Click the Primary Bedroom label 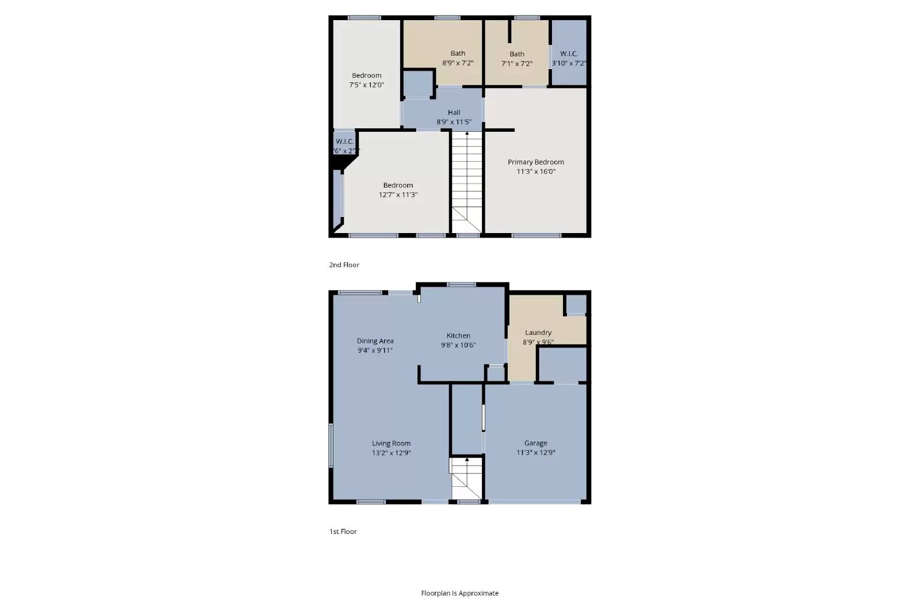(x=535, y=162)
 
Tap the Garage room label (x=535, y=443)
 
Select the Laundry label (x=538, y=333)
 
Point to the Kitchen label (x=458, y=336)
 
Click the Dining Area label (x=375, y=341)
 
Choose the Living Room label (x=391, y=444)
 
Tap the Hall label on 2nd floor (x=454, y=113)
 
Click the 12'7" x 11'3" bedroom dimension (x=398, y=195)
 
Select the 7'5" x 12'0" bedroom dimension (x=366, y=85)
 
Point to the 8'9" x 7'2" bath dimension (x=458, y=63)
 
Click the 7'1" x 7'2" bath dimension (x=516, y=64)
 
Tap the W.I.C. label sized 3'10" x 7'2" (x=569, y=54)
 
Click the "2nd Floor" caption (x=344, y=265)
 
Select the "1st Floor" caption (x=343, y=532)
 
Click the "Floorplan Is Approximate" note (x=459, y=593)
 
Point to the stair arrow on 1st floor (x=467, y=460)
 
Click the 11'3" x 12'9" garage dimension (x=535, y=453)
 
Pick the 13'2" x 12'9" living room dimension (x=391, y=453)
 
